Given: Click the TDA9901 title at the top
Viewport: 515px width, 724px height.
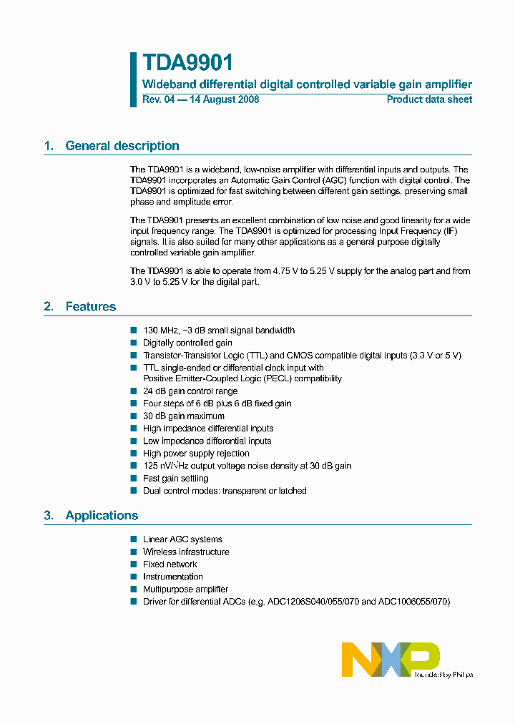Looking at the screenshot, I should point(187,63).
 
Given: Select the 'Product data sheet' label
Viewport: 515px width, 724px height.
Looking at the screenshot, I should point(429,99).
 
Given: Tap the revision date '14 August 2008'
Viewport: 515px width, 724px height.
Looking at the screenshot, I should point(223,99).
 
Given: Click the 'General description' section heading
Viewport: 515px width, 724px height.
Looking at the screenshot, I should point(122,146).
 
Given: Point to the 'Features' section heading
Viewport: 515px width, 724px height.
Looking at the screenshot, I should point(90,306).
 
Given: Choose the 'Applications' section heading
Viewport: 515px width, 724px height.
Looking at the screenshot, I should point(102,515).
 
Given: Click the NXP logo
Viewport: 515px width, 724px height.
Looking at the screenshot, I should point(391,659).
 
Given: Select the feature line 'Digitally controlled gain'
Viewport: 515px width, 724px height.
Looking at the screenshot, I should point(187,343).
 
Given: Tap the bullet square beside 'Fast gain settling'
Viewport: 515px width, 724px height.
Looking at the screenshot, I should point(133,478).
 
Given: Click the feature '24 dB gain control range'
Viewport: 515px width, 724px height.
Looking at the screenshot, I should point(190,391).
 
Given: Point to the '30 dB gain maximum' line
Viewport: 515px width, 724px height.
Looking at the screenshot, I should point(183,416).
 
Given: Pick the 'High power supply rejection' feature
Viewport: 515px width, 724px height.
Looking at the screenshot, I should point(196,453).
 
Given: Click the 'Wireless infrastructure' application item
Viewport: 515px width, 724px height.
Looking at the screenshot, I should point(186,552).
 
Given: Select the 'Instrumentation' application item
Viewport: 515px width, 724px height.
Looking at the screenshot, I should point(172,576).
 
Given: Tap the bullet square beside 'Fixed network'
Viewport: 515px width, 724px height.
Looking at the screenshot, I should point(133,564).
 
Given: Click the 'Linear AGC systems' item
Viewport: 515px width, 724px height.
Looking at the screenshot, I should point(182,539).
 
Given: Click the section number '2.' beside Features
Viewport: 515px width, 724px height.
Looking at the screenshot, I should point(49,306).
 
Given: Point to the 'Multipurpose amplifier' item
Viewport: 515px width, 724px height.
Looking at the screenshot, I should point(185,589).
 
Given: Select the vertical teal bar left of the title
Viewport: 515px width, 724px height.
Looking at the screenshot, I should point(133,79).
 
